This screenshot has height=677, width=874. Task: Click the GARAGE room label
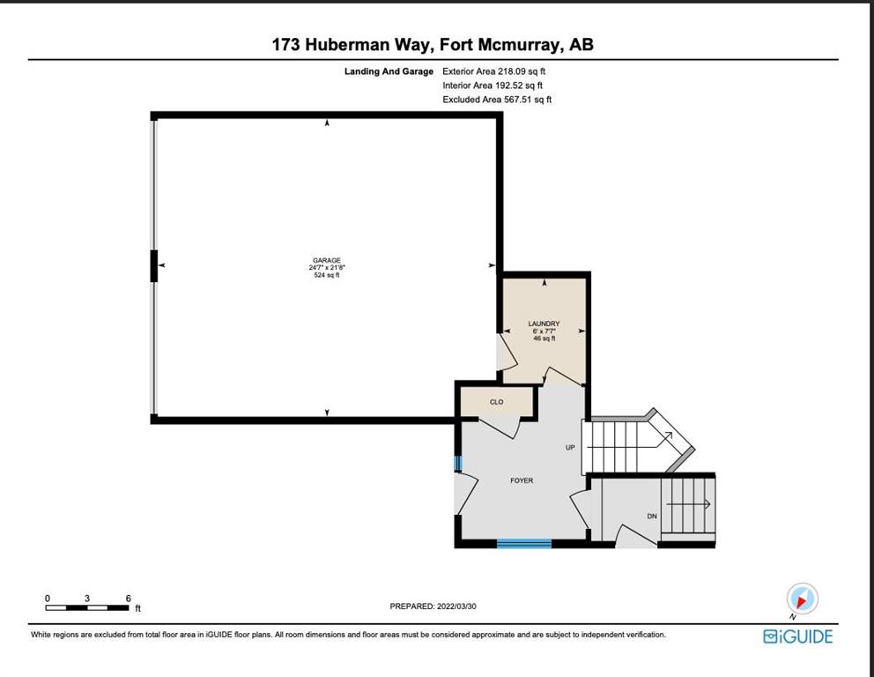click(327, 260)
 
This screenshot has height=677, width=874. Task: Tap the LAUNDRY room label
click(544, 324)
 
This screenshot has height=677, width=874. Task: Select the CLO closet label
click(497, 402)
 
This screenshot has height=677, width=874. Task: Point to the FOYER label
click(522, 480)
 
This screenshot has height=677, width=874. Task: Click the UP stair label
click(570, 447)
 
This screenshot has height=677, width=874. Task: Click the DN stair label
click(652, 517)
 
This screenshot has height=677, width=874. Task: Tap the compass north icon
click(802, 599)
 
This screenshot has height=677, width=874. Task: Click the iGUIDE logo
click(797, 636)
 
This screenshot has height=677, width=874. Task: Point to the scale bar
click(87, 608)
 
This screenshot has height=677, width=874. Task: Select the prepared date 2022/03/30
click(456, 606)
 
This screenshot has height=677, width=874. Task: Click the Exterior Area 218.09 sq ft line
click(494, 71)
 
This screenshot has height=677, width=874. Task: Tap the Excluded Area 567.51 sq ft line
click(497, 100)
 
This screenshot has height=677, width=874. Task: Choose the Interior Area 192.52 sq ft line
click(493, 86)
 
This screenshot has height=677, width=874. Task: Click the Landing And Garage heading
click(389, 71)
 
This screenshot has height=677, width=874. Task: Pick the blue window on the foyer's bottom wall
click(524, 544)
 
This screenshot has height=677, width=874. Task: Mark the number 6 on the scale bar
click(129, 599)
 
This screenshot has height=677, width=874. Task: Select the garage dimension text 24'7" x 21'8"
click(327, 268)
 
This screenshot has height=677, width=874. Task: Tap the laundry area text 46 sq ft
click(544, 338)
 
